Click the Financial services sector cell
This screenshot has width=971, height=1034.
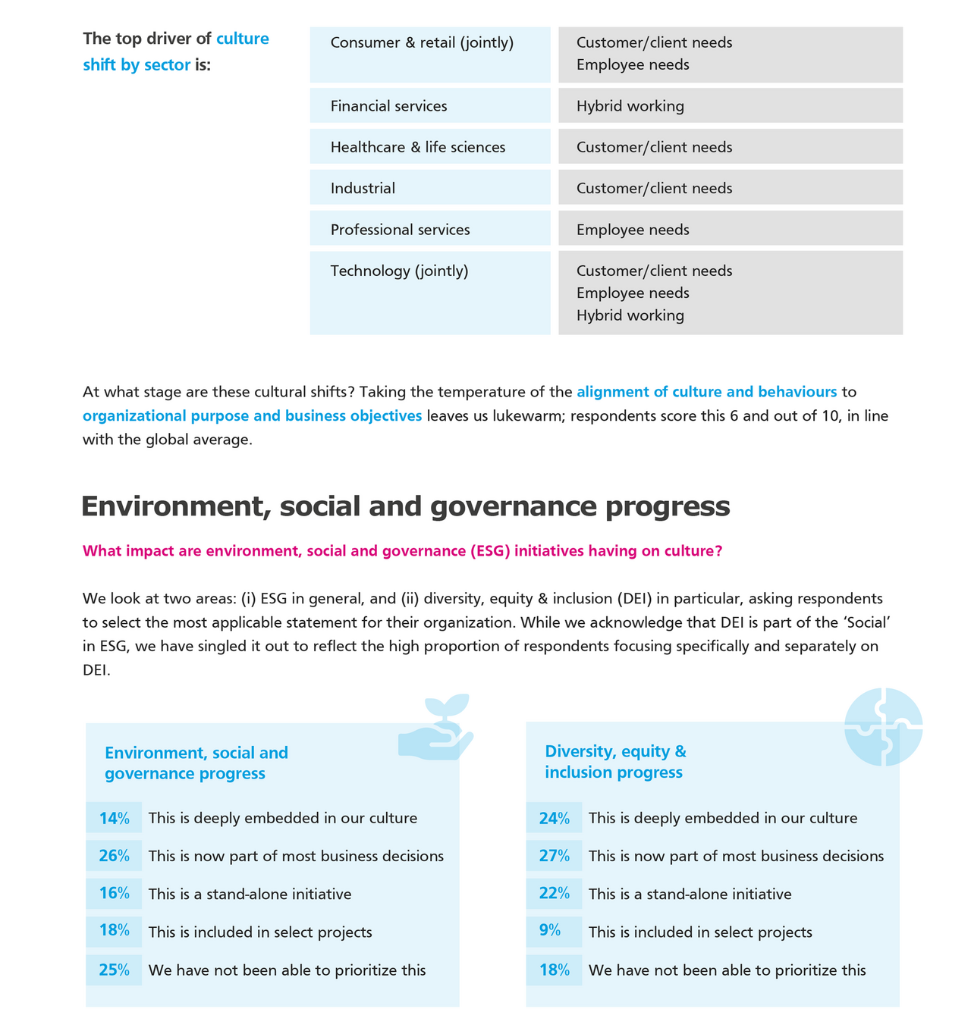pyautogui.click(x=429, y=106)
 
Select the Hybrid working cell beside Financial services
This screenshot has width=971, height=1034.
pyautogui.click(x=730, y=106)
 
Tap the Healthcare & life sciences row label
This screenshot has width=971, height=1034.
pyautogui.click(x=429, y=147)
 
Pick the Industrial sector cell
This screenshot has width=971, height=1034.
pyautogui.click(x=429, y=188)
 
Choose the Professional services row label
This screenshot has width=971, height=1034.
pyautogui.click(x=429, y=229)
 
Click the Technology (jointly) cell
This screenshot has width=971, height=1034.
pyautogui.click(x=429, y=293)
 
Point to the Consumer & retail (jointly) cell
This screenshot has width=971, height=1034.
pyautogui.click(x=429, y=55)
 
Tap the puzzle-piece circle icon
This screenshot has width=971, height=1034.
pyautogui.click(x=884, y=726)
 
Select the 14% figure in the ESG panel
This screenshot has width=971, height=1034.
pyautogui.click(x=115, y=819)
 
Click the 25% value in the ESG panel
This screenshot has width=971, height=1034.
pyautogui.click(x=115, y=970)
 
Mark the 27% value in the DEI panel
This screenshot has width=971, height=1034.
pyautogui.click(x=555, y=856)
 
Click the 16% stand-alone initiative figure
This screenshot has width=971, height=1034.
pyautogui.click(x=115, y=893)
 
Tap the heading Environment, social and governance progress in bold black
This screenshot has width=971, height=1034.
pyautogui.click(x=405, y=506)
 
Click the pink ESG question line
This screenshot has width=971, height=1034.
pyautogui.click(x=402, y=551)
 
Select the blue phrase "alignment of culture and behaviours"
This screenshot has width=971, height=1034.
pyautogui.click(x=706, y=392)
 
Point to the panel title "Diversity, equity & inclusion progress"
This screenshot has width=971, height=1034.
pyautogui.click(x=615, y=762)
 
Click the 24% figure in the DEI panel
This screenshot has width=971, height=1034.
pyautogui.click(x=555, y=819)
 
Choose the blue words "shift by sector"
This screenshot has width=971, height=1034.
pyautogui.click(x=137, y=65)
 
